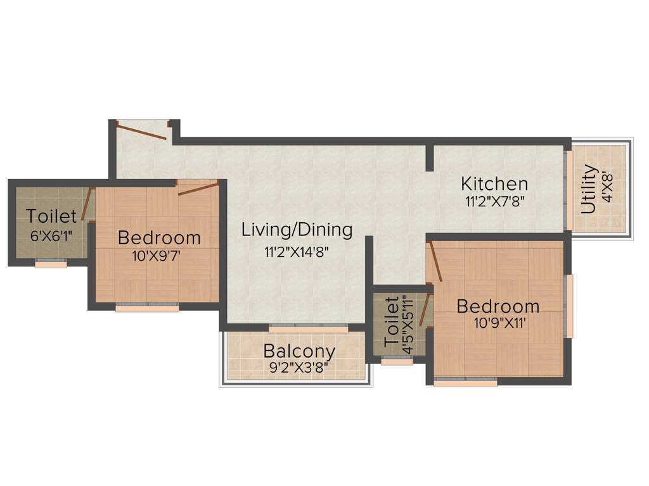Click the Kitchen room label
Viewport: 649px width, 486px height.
pos(494,184)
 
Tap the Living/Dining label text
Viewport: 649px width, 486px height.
pos(297,230)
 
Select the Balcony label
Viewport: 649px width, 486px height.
pos(299,351)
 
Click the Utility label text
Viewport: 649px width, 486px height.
pos(589,189)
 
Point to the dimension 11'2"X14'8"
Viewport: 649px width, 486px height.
pos(296,252)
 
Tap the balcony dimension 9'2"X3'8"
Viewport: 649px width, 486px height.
pos(299,367)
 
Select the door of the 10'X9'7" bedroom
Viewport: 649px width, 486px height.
pos(198,188)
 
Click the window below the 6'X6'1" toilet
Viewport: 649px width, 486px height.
pos(51,265)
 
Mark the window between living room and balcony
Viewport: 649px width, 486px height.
pos(308,329)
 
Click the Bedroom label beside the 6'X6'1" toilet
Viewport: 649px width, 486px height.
pos(159,239)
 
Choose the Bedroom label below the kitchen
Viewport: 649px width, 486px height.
pos(498,307)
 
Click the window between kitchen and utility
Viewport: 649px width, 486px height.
pos(569,189)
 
